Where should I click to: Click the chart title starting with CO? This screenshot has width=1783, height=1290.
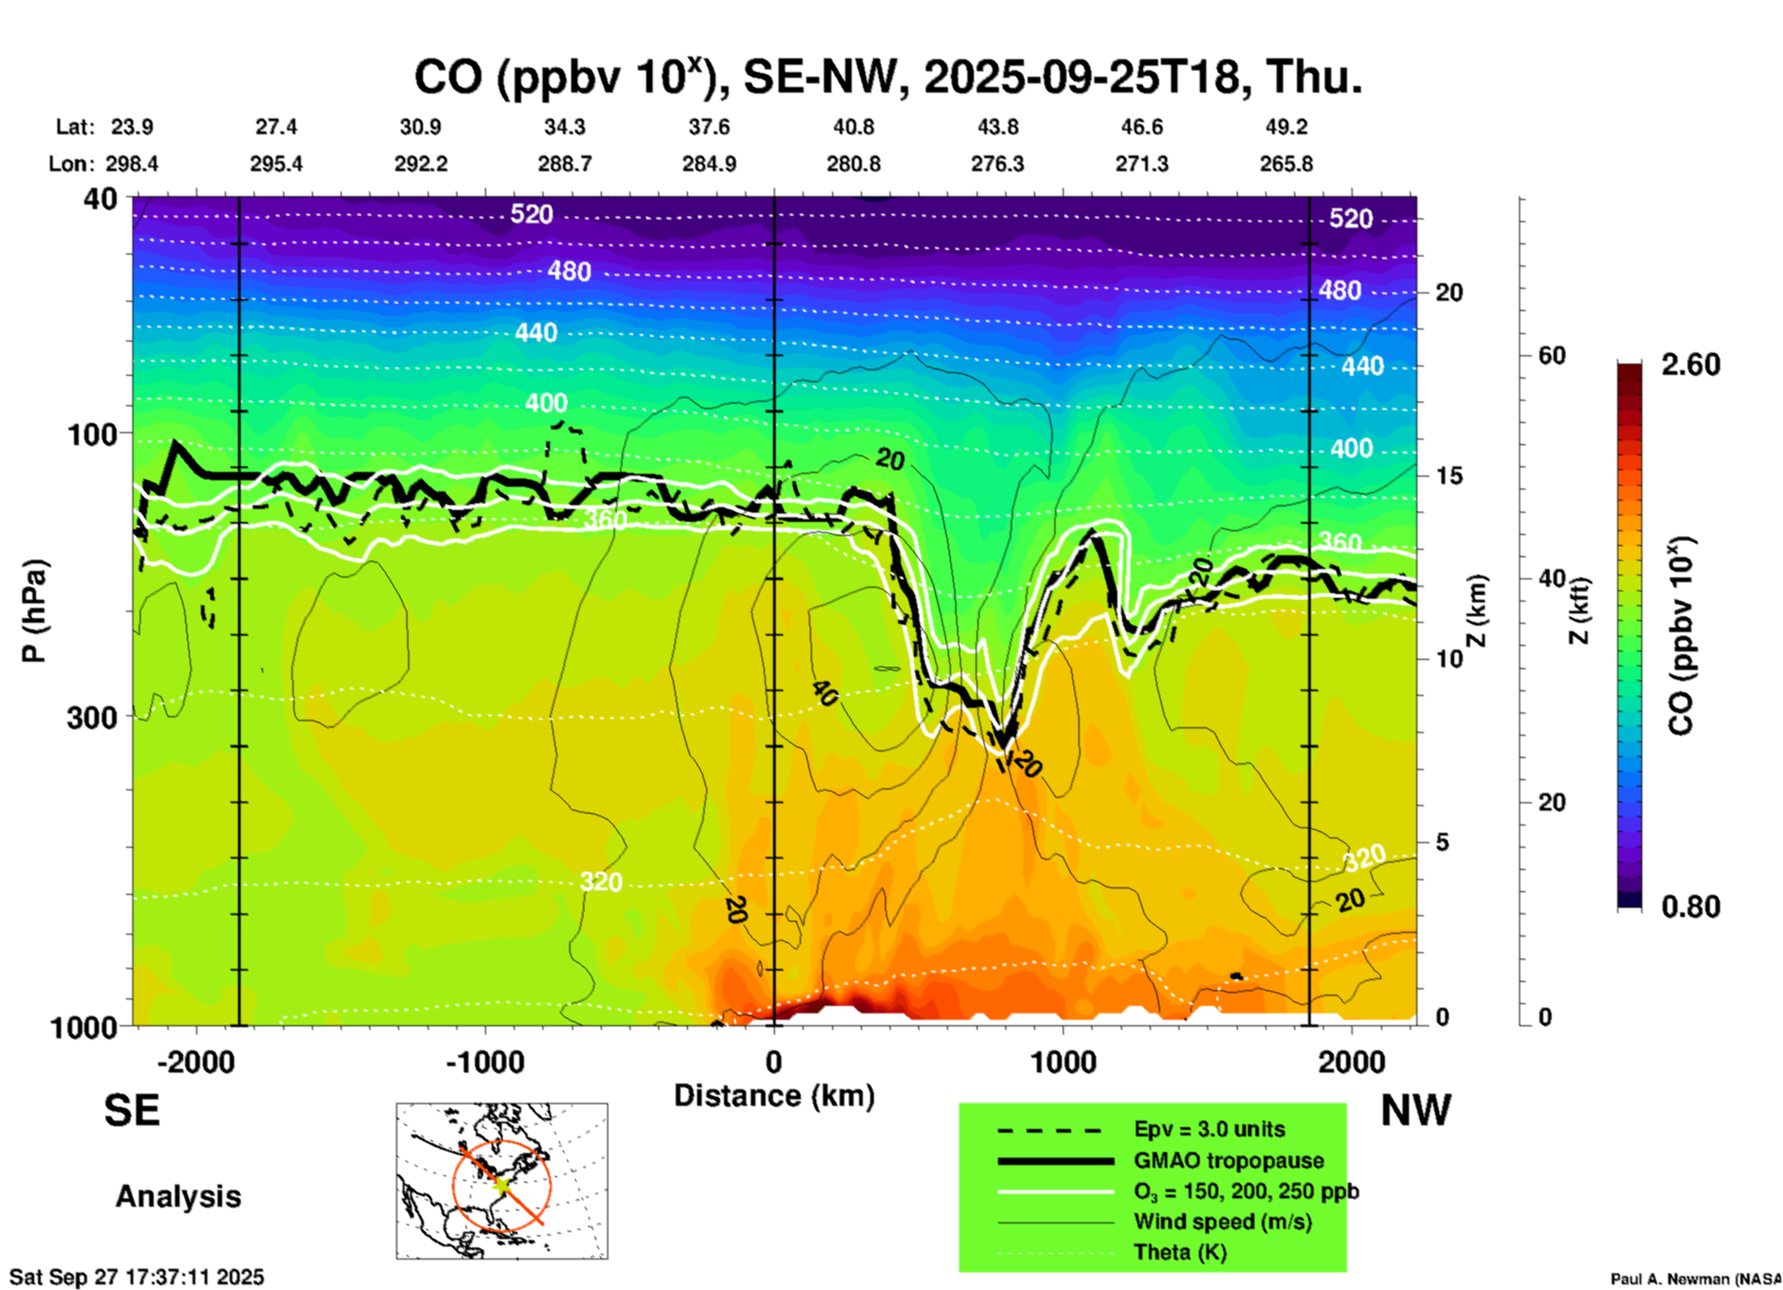coord(887,78)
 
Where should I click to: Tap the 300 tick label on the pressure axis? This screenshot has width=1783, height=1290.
coord(93,717)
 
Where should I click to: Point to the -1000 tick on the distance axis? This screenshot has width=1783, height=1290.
coord(485,1061)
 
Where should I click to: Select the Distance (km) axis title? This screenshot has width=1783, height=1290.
coord(774,1096)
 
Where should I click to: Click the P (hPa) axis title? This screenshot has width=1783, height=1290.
coord(34,611)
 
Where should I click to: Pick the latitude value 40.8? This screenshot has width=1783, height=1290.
coord(853,127)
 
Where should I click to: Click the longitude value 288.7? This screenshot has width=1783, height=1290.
coord(565,164)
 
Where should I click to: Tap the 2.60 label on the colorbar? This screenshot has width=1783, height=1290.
coord(1690,365)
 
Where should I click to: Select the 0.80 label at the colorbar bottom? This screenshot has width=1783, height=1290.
coord(1690,907)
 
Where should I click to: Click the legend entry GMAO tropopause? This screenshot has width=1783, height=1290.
coord(1228,1160)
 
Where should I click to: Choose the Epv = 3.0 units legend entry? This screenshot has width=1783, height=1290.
coord(1209,1129)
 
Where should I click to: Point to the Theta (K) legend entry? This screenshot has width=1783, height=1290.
coord(1179,1252)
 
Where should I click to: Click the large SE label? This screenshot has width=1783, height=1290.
coord(131,1110)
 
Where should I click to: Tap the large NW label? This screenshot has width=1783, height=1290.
coord(1415,1110)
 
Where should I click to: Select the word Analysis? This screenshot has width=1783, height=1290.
coord(178,1196)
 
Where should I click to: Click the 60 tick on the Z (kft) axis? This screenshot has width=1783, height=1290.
coord(1552,355)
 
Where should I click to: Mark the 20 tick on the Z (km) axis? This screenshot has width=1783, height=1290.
coord(1449,292)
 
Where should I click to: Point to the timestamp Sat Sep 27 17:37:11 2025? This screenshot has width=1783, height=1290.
coord(136,1277)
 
